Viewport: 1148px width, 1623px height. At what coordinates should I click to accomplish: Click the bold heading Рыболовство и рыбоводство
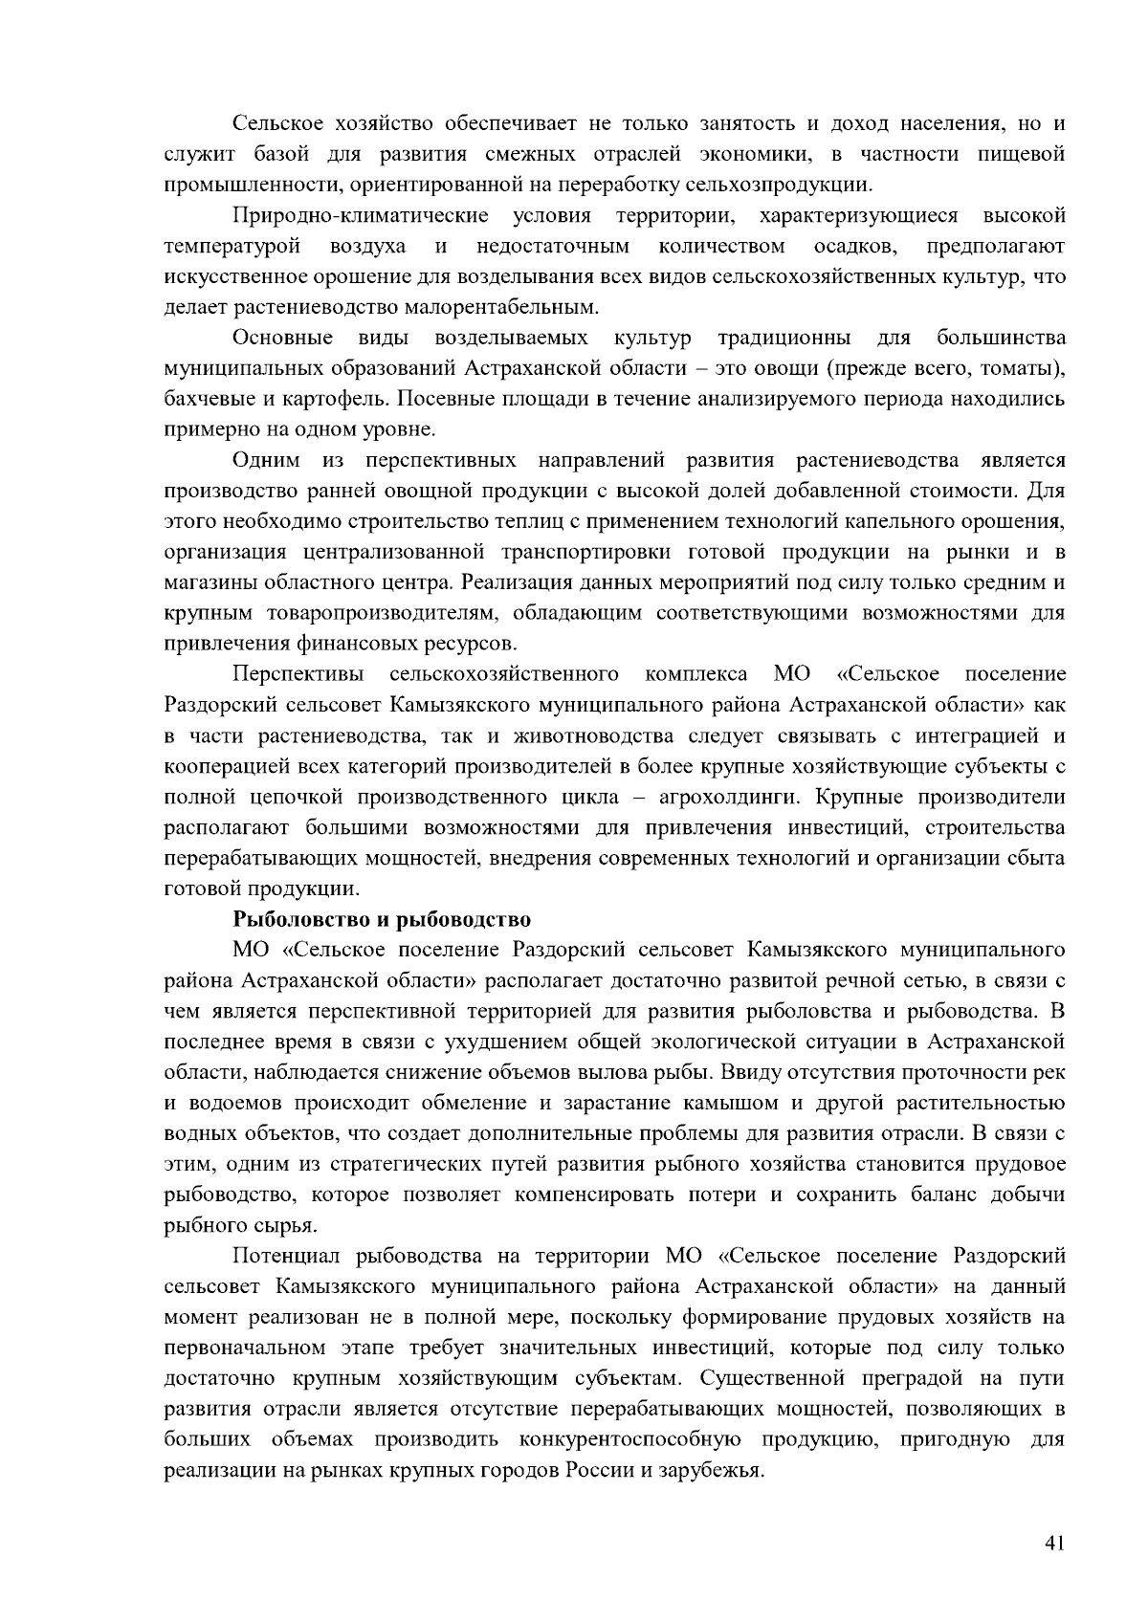pos(382,920)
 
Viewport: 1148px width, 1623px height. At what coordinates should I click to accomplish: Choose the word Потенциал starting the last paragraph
pos(287,1256)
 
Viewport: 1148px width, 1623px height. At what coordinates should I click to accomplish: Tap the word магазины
pos(211,582)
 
